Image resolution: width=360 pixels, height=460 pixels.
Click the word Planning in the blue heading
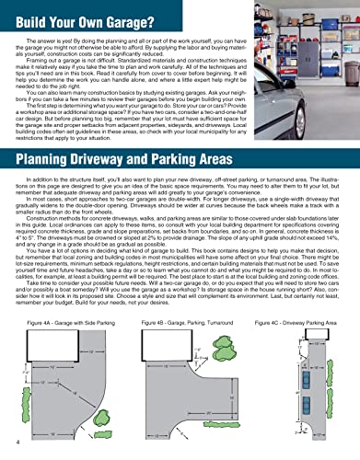pos(47,144)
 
